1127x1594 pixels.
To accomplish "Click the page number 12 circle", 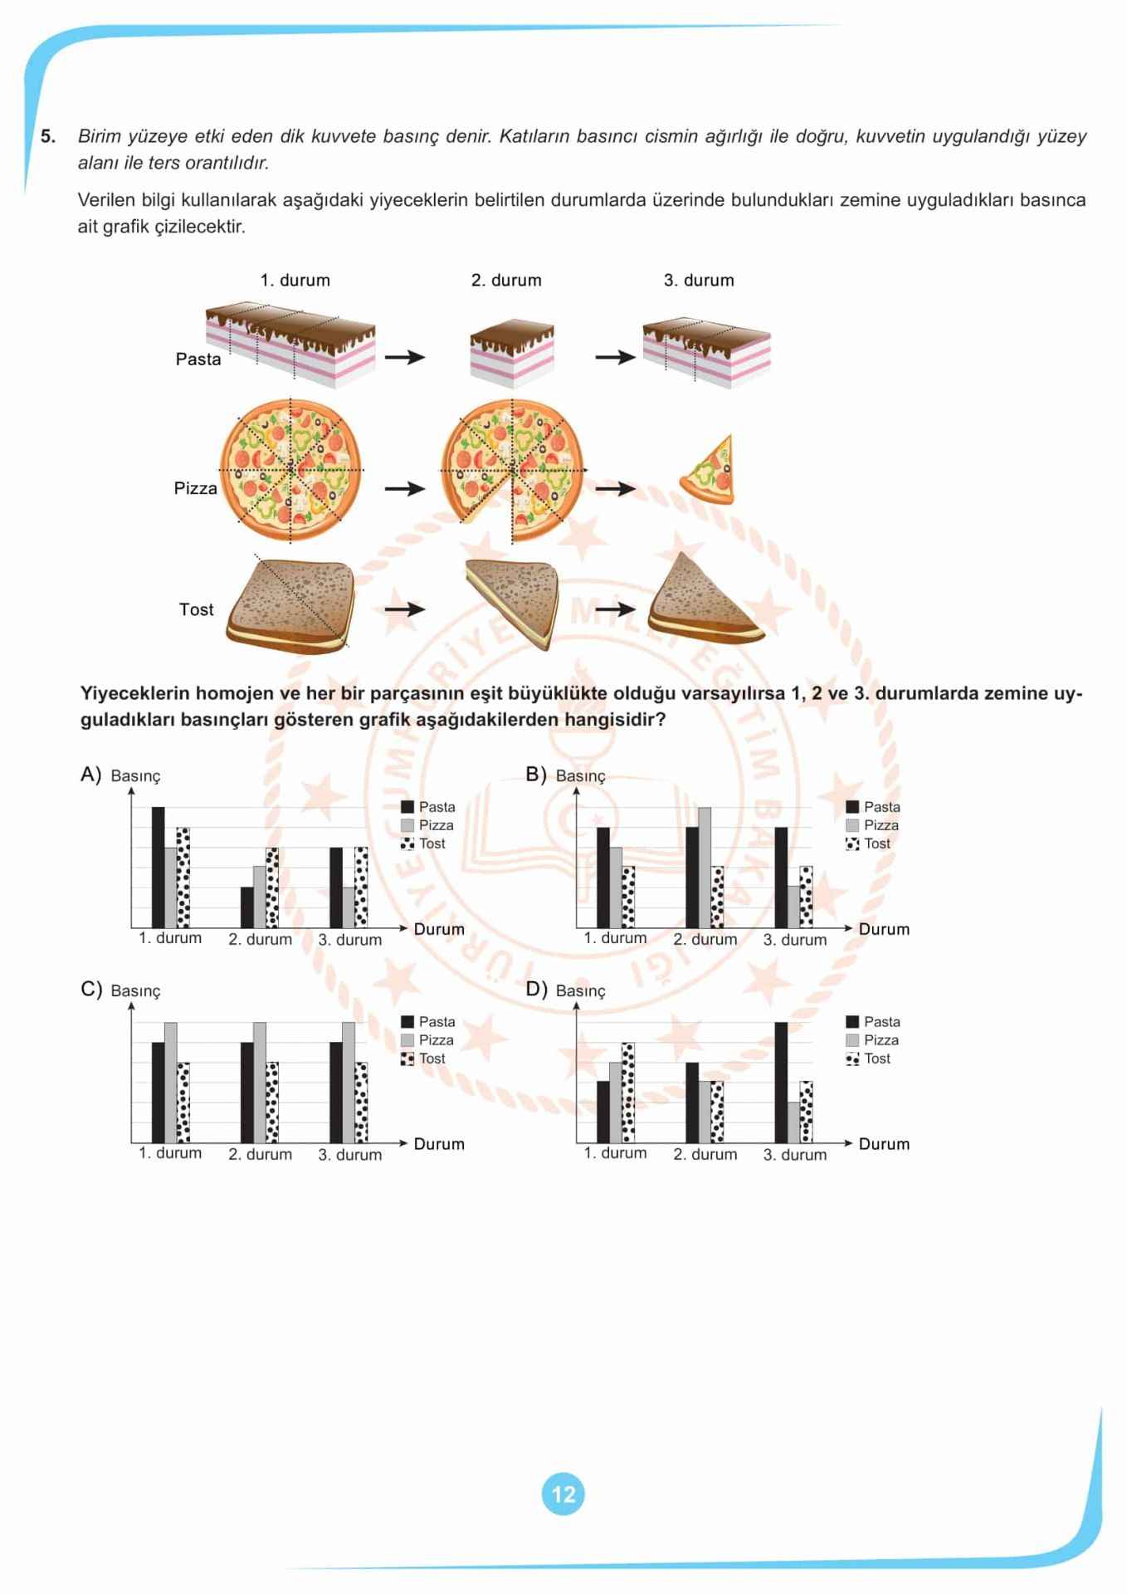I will coord(563,1494).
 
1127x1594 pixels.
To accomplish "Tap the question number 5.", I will coord(48,136).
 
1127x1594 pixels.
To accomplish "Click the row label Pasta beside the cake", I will coord(198,359).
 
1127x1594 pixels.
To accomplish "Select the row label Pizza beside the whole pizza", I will coord(195,488).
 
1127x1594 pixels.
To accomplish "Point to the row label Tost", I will coord(196,609).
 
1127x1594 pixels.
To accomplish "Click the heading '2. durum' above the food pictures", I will coord(506,281).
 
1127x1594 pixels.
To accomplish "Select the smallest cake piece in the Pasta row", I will coord(512,353).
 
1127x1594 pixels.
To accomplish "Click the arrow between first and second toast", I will coord(404,609).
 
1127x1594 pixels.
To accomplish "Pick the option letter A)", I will coord(90,775).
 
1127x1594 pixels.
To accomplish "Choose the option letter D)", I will coord(536,990).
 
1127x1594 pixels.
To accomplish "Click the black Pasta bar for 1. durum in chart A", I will coord(158,867).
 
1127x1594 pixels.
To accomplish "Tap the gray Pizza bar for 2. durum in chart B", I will coord(705,867).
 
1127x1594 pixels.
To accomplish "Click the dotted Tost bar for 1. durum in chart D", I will coord(627,1093).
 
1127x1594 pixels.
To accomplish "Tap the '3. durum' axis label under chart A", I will coord(350,940).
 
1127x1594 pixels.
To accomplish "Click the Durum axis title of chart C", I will coord(439,1144).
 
